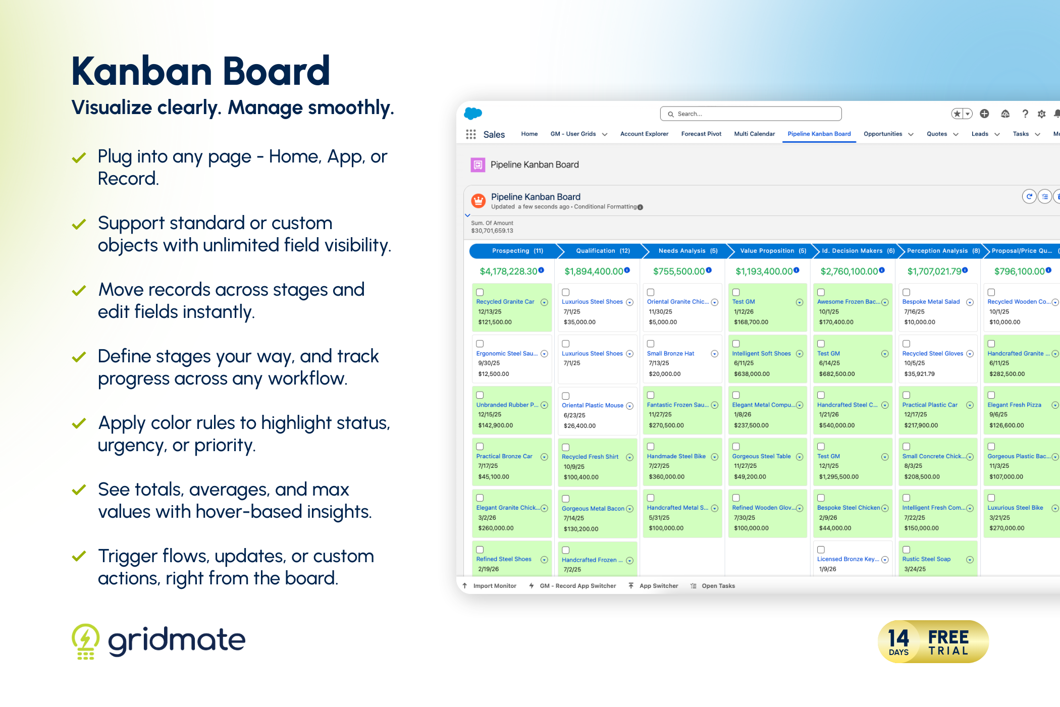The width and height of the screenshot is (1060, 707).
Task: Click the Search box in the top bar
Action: click(x=751, y=114)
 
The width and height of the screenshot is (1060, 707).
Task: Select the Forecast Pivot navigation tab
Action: click(x=701, y=134)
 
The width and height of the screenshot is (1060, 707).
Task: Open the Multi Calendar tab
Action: click(x=754, y=134)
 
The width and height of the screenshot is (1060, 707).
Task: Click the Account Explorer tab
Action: click(x=644, y=134)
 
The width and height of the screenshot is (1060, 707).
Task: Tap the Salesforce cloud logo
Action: click(x=473, y=114)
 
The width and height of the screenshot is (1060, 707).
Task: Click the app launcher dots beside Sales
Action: click(x=471, y=134)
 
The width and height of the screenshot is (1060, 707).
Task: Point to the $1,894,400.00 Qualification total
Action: click(x=594, y=271)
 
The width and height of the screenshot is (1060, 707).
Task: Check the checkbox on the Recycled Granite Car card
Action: click(x=480, y=292)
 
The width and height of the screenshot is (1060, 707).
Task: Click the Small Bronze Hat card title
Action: click(x=670, y=354)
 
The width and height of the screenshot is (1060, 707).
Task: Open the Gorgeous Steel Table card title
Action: click(x=761, y=456)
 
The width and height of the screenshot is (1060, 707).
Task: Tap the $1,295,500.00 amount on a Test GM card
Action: click(x=838, y=477)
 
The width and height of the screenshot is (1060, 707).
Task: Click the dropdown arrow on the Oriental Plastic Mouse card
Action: click(x=629, y=406)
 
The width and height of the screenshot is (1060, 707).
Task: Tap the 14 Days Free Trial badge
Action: click(x=933, y=641)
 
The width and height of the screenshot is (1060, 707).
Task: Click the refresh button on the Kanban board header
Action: click(x=1029, y=196)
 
